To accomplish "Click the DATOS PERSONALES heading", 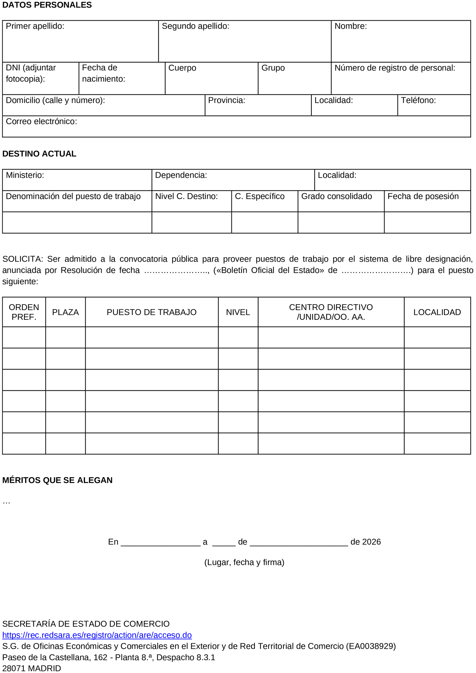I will click(47, 5).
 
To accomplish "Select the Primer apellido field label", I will click(35, 26).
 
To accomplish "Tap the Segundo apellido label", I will click(196, 26).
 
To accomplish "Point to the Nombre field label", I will click(350, 26).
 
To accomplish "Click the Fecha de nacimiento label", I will click(103, 73).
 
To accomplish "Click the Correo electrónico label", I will click(41, 122).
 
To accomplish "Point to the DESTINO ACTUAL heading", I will click(39, 154).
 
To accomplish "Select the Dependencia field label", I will click(181, 175).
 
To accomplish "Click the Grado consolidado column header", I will click(336, 196).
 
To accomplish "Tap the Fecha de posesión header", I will click(423, 196).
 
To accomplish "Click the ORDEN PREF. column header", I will click(24, 312).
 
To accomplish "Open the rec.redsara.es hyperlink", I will click(97, 635).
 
